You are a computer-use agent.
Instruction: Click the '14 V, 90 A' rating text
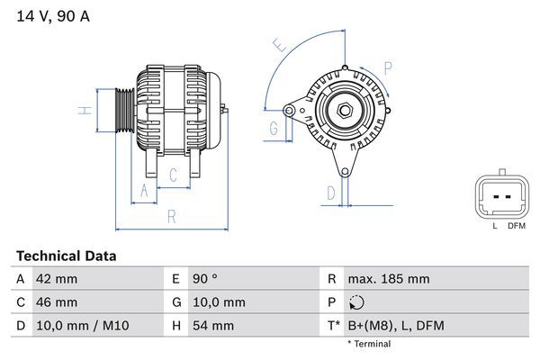click(53, 16)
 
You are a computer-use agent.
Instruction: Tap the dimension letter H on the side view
click(82, 111)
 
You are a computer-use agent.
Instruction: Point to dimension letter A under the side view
click(141, 189)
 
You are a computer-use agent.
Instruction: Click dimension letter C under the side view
click(174, 175)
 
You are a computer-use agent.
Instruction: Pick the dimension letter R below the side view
click(171, 216)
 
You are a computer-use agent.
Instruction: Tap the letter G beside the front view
click(273, 128)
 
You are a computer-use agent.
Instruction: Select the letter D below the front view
click(330, 192)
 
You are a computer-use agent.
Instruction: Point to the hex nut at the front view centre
click(344, 110)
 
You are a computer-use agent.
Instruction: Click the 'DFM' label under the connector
click(516, 227)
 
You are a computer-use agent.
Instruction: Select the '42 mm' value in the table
click(55, 279)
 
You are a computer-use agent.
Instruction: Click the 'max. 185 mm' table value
click(389, 279)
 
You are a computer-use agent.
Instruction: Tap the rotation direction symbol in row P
click(357, 302)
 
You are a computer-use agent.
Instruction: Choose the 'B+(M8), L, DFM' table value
click(395, 325)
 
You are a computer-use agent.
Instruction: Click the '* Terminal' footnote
click(369, 344)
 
